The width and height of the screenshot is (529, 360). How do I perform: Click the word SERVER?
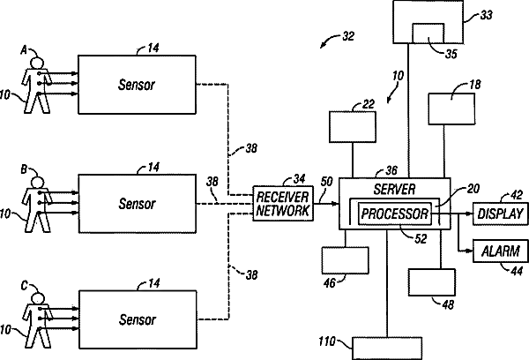click(394, 189)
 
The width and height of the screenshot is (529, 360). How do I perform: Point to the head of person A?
click(37, 64)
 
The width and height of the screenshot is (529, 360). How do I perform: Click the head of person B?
click(37, 183)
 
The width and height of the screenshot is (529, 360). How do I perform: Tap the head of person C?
click(38, 299)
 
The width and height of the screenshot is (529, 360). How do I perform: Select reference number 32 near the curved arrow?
click(348, 36)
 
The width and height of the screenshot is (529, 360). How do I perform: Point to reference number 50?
click(326, 182)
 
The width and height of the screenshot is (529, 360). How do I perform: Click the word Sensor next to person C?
click(138, 319)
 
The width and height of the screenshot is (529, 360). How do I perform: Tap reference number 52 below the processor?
click(421, 239)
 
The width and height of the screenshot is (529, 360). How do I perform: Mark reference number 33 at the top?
click(486, 15)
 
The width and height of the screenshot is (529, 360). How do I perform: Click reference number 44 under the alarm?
click(518, 271)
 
